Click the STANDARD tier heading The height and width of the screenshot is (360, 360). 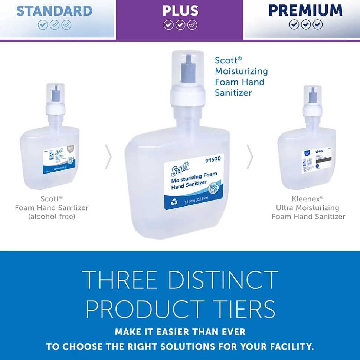coord(55,11)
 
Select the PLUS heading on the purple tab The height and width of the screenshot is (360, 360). coord(180,11)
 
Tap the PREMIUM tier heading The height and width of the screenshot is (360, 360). coord(305,10)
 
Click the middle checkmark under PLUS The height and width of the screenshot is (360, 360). coord(180,25)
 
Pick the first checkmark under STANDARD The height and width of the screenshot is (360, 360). coord(43,25)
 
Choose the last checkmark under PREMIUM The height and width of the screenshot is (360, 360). coord(318,24)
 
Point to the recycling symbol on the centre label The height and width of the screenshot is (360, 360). coord(174,202)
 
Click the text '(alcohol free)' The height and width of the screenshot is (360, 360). coord(52,217)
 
